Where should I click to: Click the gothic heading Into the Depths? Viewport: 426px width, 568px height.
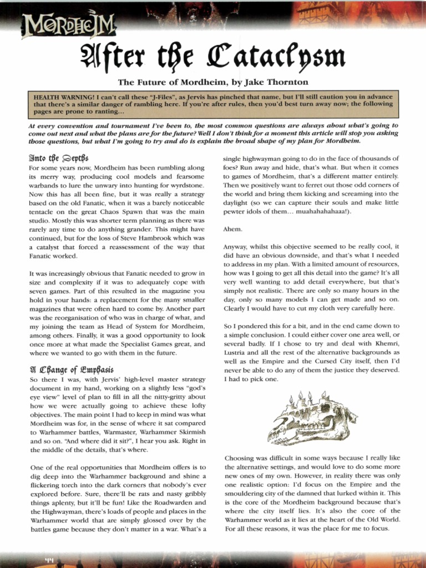[x=58, y=158]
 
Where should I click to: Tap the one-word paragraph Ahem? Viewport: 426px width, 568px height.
[x=232, y=229]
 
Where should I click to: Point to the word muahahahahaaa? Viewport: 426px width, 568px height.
[x=324, y=211]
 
